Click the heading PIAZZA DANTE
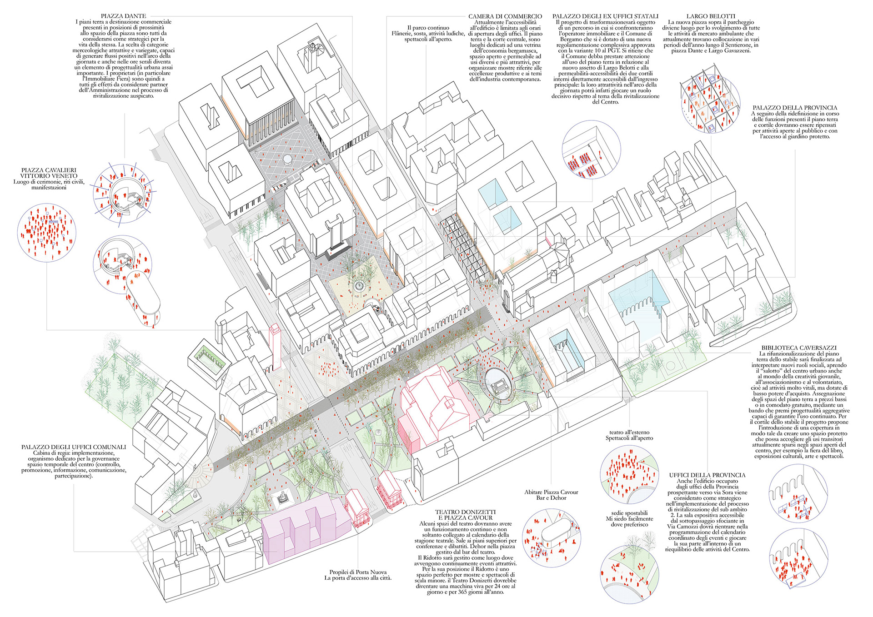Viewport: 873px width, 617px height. click(123, 16)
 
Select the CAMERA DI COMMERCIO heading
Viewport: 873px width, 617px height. click(505, 16)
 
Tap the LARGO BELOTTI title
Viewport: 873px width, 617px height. click(711, 16)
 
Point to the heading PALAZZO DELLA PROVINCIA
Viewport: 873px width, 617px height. click(795, 108)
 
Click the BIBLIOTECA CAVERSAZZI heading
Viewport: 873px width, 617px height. click(799, 348)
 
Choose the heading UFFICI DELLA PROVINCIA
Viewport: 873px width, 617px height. click(707, 475)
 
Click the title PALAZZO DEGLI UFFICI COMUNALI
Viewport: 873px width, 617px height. click(74, 447)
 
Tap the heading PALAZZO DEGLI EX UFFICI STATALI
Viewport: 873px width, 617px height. click(605, 16)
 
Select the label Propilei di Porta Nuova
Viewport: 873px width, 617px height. click(358, 572)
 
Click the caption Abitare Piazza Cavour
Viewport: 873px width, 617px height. click(551, 492)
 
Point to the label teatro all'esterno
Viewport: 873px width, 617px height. click(629, 432)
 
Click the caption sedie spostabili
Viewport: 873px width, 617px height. click(629, 513)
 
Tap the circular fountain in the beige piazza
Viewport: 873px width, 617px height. click(360, 286)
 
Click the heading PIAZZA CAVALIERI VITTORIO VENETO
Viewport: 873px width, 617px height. click(49, 173)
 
